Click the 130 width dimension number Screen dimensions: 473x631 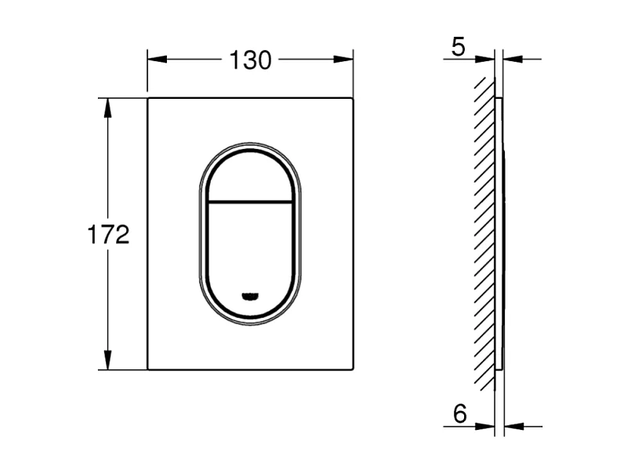point(250,60)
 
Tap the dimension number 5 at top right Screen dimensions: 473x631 point(459,48)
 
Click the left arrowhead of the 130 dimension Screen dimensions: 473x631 point(155,59)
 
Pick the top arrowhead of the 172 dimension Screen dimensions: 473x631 point(107,107)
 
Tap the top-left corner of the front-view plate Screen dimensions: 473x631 point(148,98)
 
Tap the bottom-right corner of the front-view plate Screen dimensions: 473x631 point(352,369)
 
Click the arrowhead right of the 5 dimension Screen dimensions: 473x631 point(510,59)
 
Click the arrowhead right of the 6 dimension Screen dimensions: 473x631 point(512,427)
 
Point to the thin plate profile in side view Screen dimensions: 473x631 point(500,235)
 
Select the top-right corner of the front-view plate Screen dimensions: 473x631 point(352,98)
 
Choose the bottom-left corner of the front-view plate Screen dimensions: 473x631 point(148,369)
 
